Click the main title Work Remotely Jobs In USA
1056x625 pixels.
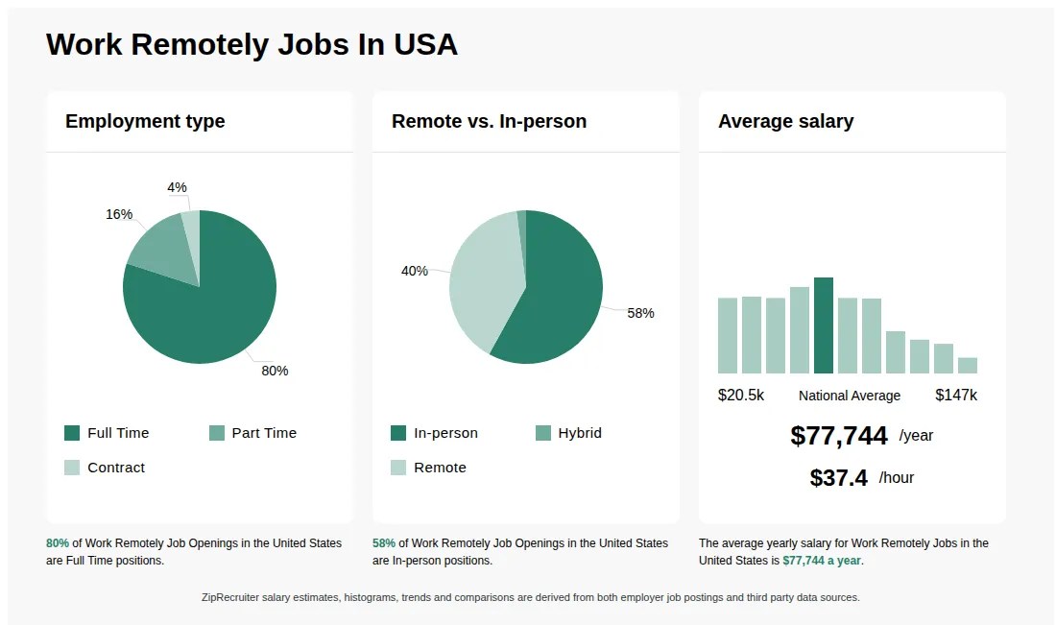(x=252, y=44)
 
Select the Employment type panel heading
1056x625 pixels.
(x=145, y=122)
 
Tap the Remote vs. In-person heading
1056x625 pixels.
(x=489, y=122)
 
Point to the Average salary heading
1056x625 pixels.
(x=785, y=122)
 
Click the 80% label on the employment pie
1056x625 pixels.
(x=275, y=371)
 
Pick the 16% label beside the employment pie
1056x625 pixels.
(x=119, y=214)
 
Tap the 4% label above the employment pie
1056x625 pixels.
(x=177, y=187)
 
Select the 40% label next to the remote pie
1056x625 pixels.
(x=415, y=271)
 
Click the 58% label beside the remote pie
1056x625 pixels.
(x=640, y=313)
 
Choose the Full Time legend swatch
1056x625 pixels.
(x=72, y=433)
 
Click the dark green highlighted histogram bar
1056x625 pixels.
(x=824, y=325)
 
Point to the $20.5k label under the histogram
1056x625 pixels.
(x=741, y=396)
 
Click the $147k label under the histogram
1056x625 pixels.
(x=956, y=396)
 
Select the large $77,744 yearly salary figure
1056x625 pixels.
(x=839, y=436)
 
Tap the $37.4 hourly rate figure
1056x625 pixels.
(x=839, y=478)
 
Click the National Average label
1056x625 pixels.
(x=850, y=396)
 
